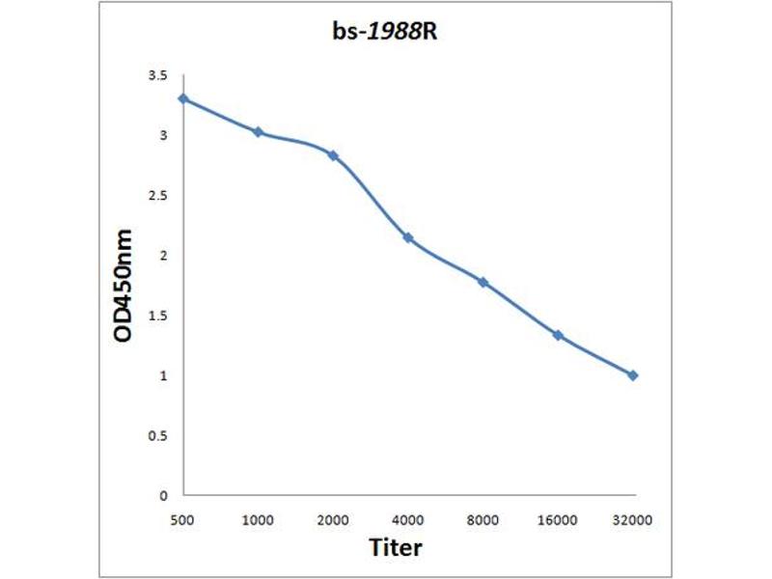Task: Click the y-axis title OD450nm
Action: click(124, 286)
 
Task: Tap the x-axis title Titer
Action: click(396, 547)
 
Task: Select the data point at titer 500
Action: click(182, 98)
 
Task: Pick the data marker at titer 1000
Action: click(258, 131)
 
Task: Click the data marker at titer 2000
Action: click(333, 155)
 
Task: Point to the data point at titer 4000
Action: click(408, 237)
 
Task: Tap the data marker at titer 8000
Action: click(482, 282)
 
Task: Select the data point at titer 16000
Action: click(558, 335)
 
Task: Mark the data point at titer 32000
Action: click(633, 375)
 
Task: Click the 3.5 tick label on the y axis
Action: click(157, 75)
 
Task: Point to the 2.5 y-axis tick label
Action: click(157, 196)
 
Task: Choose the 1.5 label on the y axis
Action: click(157, 316)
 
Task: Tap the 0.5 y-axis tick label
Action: click(157, 436)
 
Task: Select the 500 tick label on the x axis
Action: click(182, 519)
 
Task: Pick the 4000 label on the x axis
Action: click(408, 519)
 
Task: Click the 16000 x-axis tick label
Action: click(558, 519)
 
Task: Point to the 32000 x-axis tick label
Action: click(633, 519)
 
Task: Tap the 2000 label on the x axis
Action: click(333, 519)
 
